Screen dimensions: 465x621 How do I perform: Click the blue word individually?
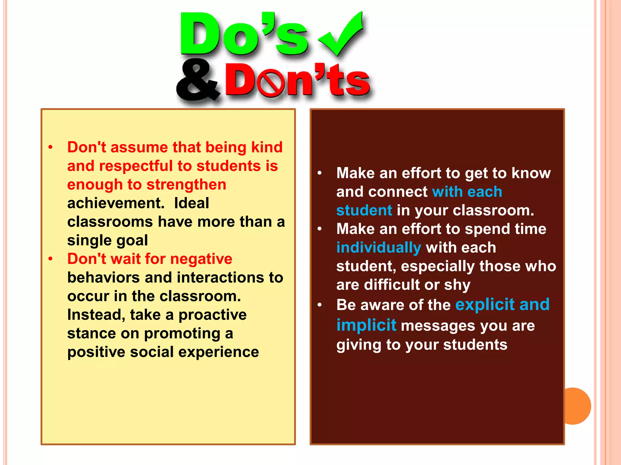pyautogui.click(x=378, y=247)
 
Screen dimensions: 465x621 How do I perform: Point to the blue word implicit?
pyautogui.click(x=366, y=325)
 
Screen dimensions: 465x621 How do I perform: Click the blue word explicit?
pyautogui.click(x=485, y=304)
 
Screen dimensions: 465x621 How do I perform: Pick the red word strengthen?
pyautogui.click(x=186, y=185)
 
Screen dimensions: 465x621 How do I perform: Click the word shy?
pyautogui.click(x=457, y=285)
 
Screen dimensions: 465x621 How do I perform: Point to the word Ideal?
pyautogui.click(x=191, y=203)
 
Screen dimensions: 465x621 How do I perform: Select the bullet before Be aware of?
pyautogui.click(x=319, y=305)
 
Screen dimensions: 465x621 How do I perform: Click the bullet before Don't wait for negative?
pyautogui.click(x=50, y=259)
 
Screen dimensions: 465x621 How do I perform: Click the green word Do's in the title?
pyautogui.click(x=243, y=35)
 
